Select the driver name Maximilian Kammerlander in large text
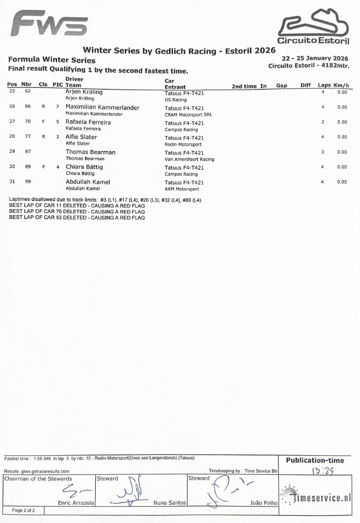tap(102, 107)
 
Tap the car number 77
tap(27, 137)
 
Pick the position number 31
tap(12, 181)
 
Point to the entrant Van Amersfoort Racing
tap(189, 159)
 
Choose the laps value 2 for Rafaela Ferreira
tap(323, 122)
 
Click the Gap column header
tap(282, 86)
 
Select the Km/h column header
tap(342, 86)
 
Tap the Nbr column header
tap(26, 85)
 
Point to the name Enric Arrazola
tap(76, 503)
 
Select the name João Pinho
tap(263, 503)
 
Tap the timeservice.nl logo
tap(317, 496)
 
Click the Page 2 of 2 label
tap(24, 511)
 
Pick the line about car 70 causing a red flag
tap(77, 211)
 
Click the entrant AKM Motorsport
tap(182, 189)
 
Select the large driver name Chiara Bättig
tap(84, 167)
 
